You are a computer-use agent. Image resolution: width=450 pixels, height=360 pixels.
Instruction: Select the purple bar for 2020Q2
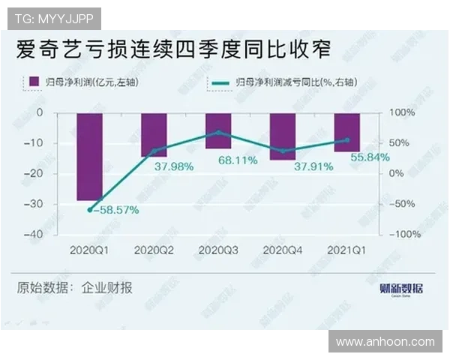click(x=154, y=134)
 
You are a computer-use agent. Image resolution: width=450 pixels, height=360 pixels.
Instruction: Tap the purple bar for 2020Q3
click(x=218, y=130)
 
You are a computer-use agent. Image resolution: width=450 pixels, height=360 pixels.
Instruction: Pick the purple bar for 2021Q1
click(x=347, y=131)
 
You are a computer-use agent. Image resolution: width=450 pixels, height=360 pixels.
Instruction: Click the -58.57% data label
click(x=114, y=210)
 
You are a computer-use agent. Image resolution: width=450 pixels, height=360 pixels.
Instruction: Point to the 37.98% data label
click(x=174, y=166)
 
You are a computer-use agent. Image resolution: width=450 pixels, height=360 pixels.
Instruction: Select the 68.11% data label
click(x=238, y=160)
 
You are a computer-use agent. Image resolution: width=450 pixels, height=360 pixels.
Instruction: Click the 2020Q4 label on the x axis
click(x=283, y=249)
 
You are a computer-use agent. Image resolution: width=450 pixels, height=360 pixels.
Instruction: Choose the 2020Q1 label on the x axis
click(x=90, y=249)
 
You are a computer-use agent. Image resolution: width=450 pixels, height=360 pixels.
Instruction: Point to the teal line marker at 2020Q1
click(x=90, y=210)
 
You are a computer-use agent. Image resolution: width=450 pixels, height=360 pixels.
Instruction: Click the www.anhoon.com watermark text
click(x=385, y=342)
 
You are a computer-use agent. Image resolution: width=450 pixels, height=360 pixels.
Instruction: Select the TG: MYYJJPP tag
click(x=53, y=18)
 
